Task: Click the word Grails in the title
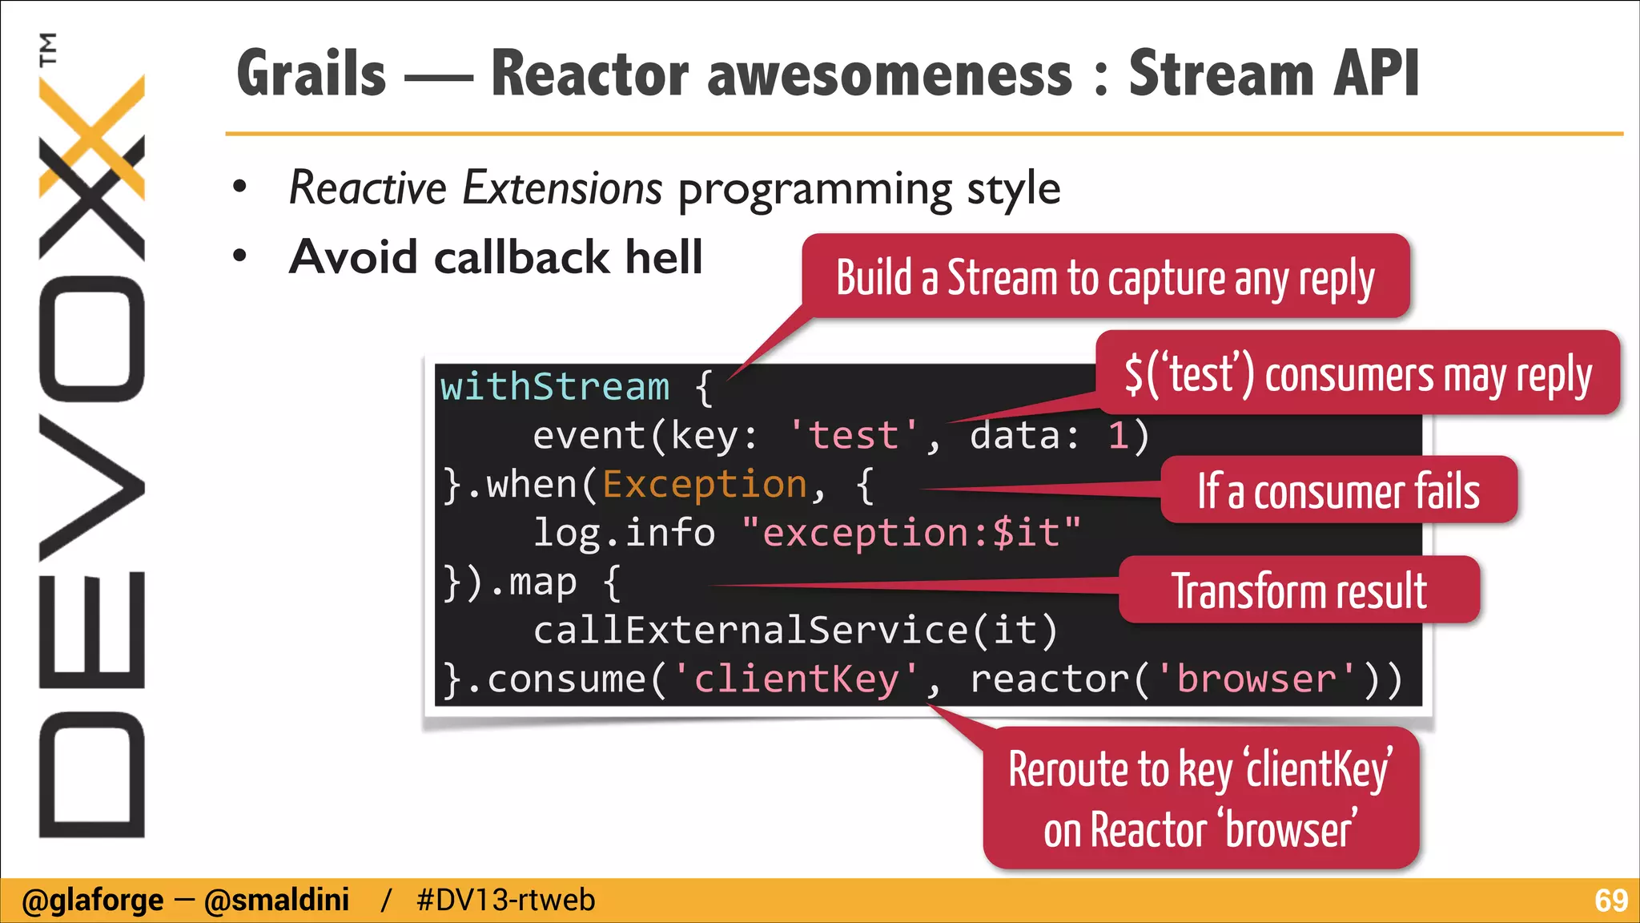(x=312, y=74)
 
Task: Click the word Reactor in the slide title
(x=589, y=74)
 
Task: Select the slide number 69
(x=1610, y=901)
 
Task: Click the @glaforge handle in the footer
(x=93, y=901)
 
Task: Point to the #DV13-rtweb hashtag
(x=506, y=901)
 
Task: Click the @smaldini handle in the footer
(x=277, y=901)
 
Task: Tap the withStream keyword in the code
(x=555, y=387)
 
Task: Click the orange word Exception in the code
(x=705, y=485)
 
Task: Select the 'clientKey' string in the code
(x=797, y=679)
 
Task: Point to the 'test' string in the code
(x=854, y=436)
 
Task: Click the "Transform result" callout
(x=1299, y=590)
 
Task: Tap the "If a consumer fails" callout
(x=1338, y=491)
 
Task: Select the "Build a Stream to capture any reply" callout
(x=1105, y=277)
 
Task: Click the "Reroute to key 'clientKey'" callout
(x=1200, y=798)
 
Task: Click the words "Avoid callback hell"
(x=496, y=257)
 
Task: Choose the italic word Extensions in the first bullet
(x=563, y=188)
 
